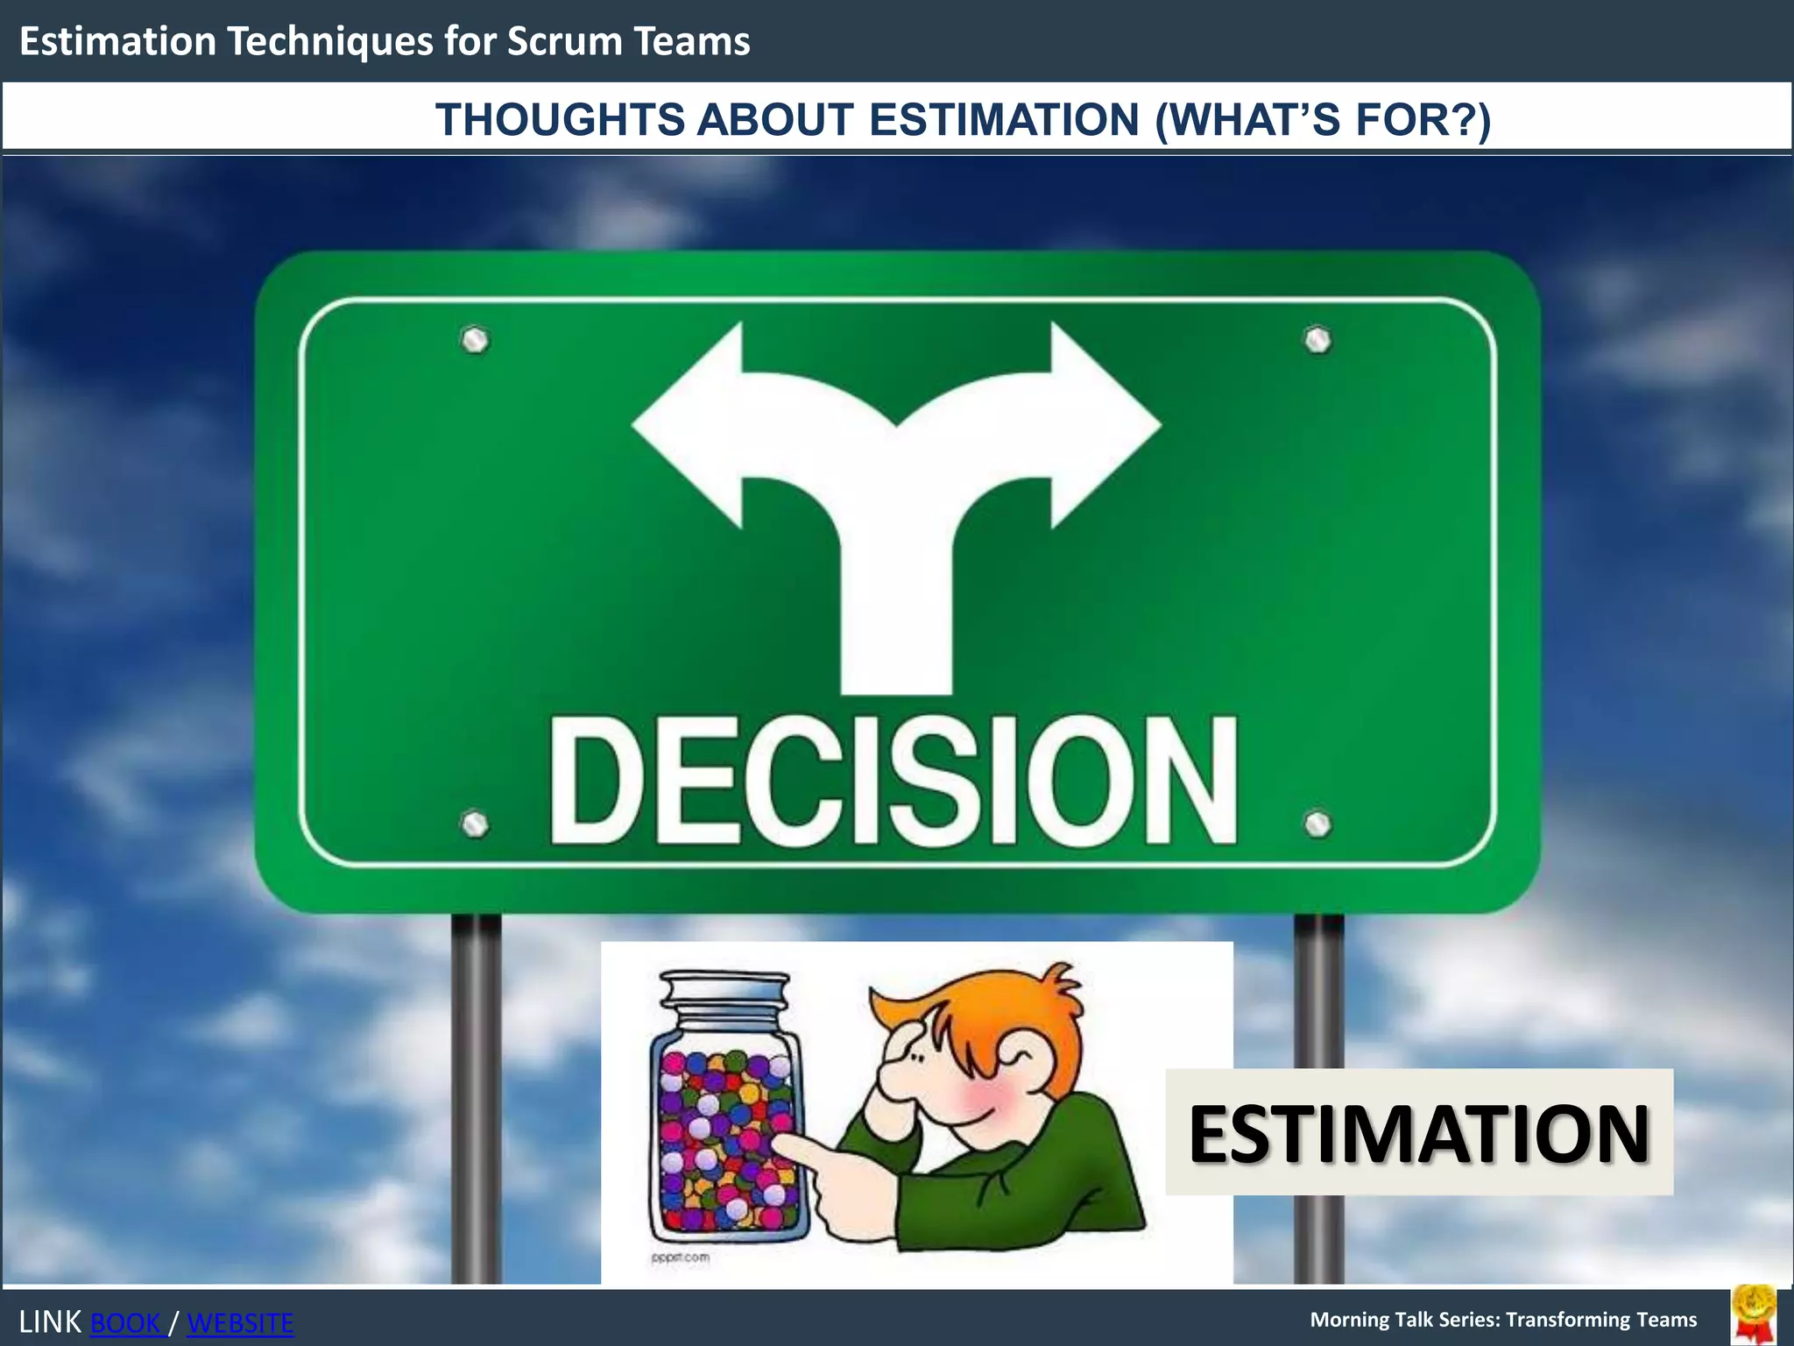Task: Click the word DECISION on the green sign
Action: click(893, 780)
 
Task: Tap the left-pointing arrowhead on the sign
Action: click(692, 426)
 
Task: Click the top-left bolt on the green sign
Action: click(475, 340)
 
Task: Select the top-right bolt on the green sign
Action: click(1317, 340)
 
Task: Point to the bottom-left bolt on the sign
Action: click(475, 824)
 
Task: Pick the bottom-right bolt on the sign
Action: click(1317, 824)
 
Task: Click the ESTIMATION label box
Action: click(1419, 1132)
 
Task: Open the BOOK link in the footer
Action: click(126, 1323)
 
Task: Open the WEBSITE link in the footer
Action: click(240, 1323)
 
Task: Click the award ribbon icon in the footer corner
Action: click(1754, 1314)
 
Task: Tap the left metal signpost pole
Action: click(476, 1095)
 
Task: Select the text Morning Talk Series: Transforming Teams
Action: click(1503, 1320)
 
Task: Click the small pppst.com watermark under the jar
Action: click(681, 1257)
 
